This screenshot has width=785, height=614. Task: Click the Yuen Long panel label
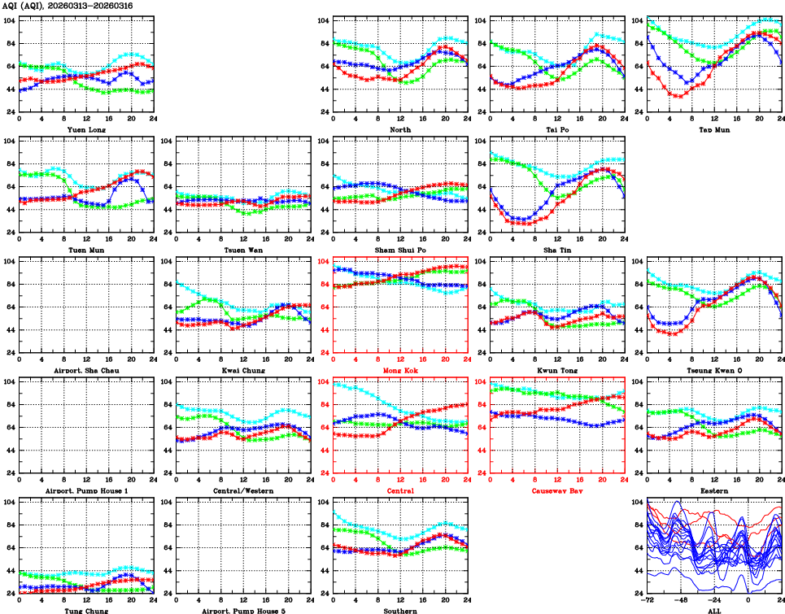coord(85,129)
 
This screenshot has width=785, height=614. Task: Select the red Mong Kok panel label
coord(399,370)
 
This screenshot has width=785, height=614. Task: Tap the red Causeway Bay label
coord(556,491)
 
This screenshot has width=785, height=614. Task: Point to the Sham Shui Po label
coord(399,250)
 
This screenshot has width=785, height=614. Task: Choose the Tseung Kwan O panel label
coord(713,370)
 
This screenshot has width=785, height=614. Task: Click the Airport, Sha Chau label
coord(85,370)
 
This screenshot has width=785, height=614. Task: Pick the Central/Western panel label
coord(242,491)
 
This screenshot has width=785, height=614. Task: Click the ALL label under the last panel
coord(713,610)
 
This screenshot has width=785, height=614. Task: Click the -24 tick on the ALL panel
coord(714,600)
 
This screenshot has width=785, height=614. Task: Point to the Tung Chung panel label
coord(85,610)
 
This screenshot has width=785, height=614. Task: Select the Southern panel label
coord(399,610)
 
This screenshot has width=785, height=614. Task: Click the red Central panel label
coord(399,491)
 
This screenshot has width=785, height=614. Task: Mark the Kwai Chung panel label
coord(242,370)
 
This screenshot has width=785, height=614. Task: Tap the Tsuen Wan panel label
coord(242,250)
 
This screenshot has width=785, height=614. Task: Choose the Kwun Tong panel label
coord(556,370)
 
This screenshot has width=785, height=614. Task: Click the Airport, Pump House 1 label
coord(85,491)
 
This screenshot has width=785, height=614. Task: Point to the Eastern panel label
coord(713,491)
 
